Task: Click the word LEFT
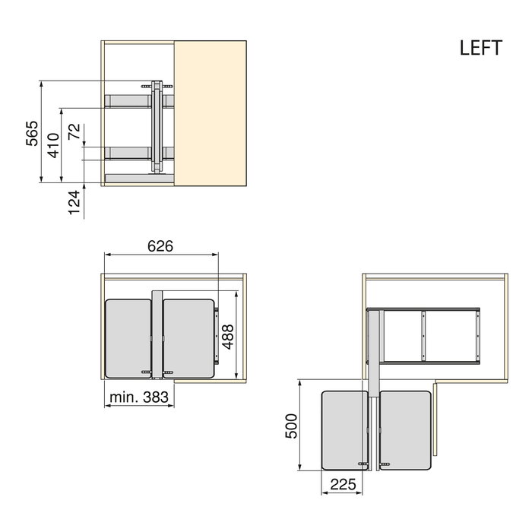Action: pyautogui.click(x=480, y=48)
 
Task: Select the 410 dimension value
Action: pyautogui.click(x=53, y=144)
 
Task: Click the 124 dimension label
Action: pyautogui.click(x=74, y=203)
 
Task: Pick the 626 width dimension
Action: pyautogui.click(x=161, y=246)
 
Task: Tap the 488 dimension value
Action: pyautogui.click(x=227, y=336)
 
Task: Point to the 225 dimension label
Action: pyautogui.click(x=344, y=485)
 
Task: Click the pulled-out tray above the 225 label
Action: pyautogui.click(x=347, y=429)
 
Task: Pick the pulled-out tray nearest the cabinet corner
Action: pyautogui.click(x=407, y=429)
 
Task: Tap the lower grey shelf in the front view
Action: pyautogui.click(x=129, y=152)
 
